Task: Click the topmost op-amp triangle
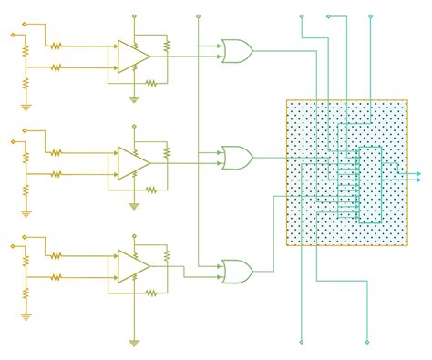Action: [132, 56]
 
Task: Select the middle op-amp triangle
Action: [132, 163]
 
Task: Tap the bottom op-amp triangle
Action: [132, 264]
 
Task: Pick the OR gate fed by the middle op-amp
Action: [237, 158]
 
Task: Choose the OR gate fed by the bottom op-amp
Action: [237, 271]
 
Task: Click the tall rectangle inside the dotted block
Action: [370, 183]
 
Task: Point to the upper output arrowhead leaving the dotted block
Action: [417, 172]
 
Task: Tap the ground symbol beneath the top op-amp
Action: [134, 98]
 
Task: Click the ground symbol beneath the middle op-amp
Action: [134, 206]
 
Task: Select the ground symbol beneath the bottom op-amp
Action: [134, 343]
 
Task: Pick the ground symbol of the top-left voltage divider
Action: [26, 107]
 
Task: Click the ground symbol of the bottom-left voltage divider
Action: [26, 317]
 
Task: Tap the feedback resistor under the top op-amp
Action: [151, 82]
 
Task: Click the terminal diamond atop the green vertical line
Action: [198, 16]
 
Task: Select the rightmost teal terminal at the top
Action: [370, 16]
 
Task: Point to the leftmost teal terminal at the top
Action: [301, 16]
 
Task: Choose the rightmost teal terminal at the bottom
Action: [367, 342]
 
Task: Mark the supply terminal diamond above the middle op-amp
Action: [134, 125]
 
